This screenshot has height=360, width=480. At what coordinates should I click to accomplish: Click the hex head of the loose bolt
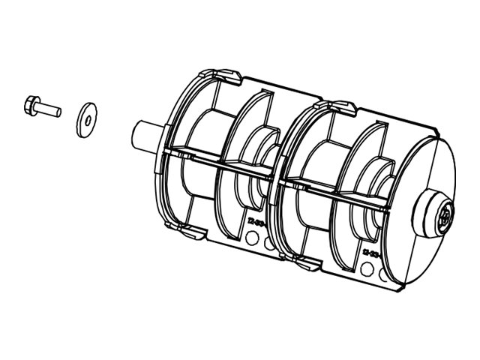coord(31,103)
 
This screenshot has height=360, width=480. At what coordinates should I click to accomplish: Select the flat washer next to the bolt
coord(86,118)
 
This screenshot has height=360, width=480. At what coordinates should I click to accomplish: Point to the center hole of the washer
coord(87,118)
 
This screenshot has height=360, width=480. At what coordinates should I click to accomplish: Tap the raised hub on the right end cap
coord(438,216)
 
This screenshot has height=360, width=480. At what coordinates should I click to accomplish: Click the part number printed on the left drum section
coord(256,223)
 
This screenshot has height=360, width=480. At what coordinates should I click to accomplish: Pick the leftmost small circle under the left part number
coord(253,238)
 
